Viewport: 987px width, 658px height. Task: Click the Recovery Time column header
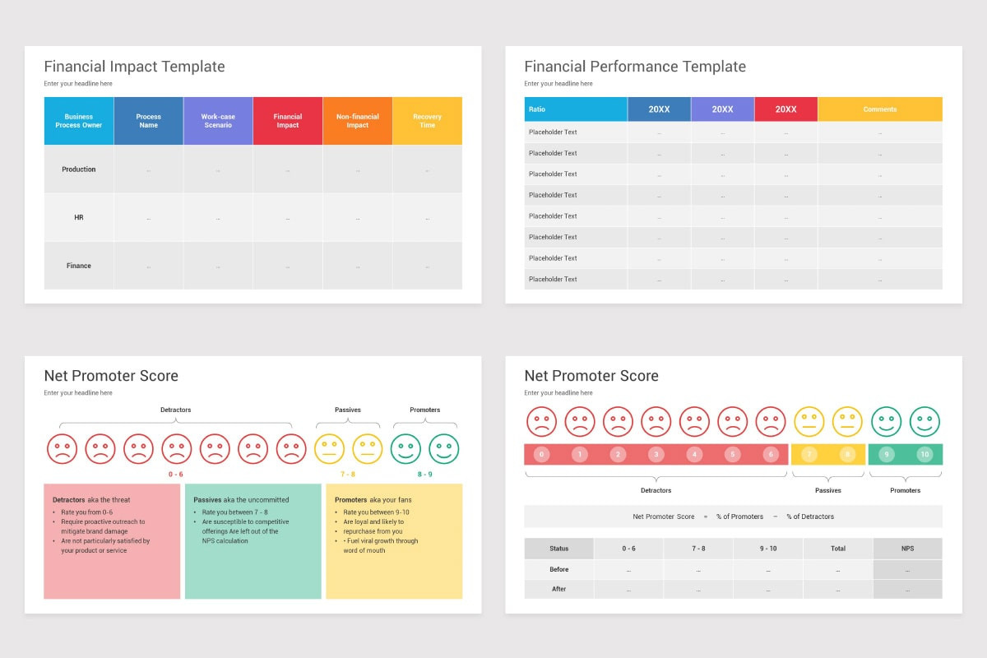tap(427, 121)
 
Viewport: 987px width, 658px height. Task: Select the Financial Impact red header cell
tap(288, 121)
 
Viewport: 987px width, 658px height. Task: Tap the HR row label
tap(79, 218)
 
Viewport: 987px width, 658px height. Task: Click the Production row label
tap(79, 169)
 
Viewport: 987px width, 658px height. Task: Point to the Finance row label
tap(79, 266)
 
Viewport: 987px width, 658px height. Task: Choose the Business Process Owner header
tap(79, 121)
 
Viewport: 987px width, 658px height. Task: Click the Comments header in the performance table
tap(879, 109)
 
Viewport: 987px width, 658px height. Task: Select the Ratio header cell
tap(537, 109)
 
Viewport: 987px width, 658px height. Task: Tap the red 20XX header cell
tap(785, 109)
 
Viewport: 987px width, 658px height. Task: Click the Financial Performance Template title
tap(635, 67)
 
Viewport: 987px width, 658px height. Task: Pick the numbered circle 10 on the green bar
tap(924, 454)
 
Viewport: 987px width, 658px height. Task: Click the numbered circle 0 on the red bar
tap(541, 454)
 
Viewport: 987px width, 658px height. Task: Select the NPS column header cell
tap(907, 549)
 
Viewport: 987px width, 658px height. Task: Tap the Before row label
tap(559, 569)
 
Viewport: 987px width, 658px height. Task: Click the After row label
tap(559, 589)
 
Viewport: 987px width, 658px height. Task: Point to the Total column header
tap(838, 549)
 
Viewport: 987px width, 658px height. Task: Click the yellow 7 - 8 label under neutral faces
tap(348, 475)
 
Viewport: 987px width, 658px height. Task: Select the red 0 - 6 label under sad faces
tap(176, 475)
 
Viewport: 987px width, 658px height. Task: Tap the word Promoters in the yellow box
tap(351, 500)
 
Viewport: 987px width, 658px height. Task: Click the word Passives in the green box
tap(207, 500)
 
